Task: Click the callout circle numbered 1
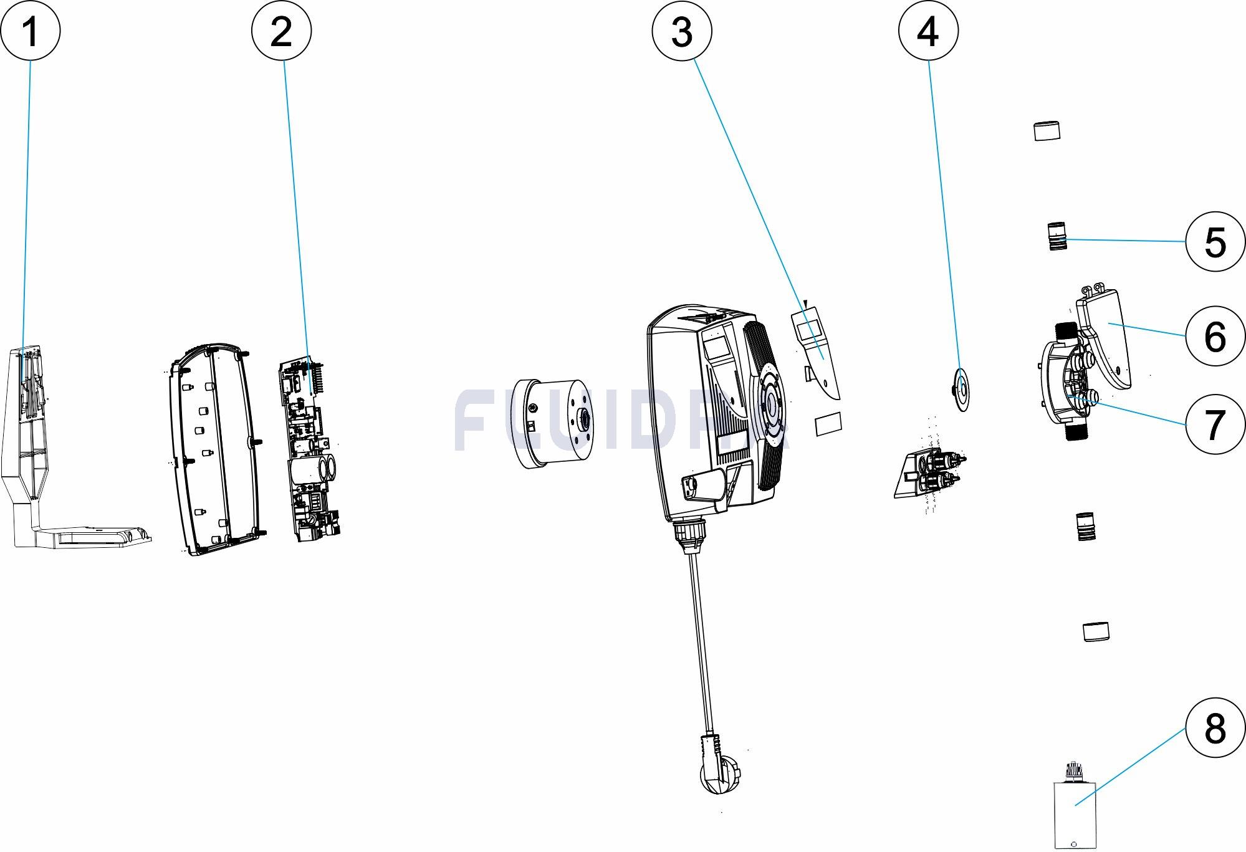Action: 30,31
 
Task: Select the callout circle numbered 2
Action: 282,31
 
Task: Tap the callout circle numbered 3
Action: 682,31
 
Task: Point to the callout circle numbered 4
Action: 928,31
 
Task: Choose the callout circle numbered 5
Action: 1215,242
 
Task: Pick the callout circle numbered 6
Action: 1215,337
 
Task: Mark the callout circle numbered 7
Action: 1215,424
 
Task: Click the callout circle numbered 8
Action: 1215,727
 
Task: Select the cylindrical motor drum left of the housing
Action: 552,422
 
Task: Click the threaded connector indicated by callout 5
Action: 1057,236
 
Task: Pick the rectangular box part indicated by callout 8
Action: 1075,813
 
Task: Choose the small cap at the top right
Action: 1047,131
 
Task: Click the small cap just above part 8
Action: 1096,631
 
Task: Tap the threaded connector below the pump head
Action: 1086,526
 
